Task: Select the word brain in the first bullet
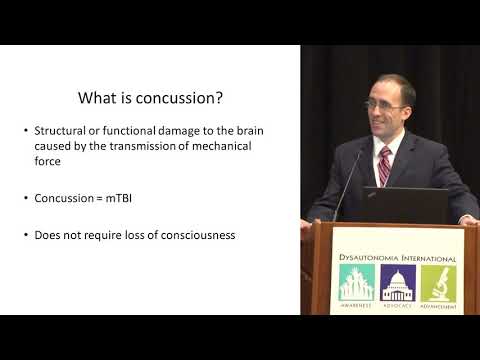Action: coord(248,131)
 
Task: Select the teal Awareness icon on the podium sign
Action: coord(355,285)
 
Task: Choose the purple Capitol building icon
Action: coord(396,285)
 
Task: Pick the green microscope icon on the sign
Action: coord(438,285)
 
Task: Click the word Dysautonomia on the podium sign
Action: coord(370,258)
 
